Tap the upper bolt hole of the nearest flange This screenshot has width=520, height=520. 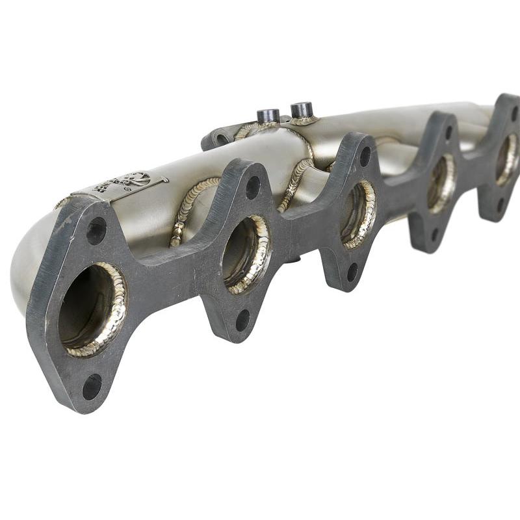[x=96, y=231]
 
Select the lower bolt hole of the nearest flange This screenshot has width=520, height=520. [x=92, y=387]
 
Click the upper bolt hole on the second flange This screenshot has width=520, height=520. [x=252, y=187]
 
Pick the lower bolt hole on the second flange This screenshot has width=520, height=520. [x=242, y=319]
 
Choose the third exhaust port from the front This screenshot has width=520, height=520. [x=357, y=214]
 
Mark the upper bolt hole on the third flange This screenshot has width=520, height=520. [x=365, y=156]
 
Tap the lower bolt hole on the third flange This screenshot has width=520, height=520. [x=352, y=272]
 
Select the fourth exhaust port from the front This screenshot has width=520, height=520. [x=441, y=184]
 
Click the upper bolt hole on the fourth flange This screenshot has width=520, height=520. [x=448, y=133]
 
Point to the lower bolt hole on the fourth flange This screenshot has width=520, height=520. [x=434, y=234]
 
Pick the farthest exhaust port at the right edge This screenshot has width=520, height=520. [x=506, y=159]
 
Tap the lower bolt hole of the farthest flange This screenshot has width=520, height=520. [x=500, y=204]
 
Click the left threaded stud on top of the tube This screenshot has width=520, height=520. [x=268, y=116]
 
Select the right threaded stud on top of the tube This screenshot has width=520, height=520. [x=302, y=109]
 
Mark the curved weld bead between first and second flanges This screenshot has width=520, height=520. [x=188, y=208]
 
